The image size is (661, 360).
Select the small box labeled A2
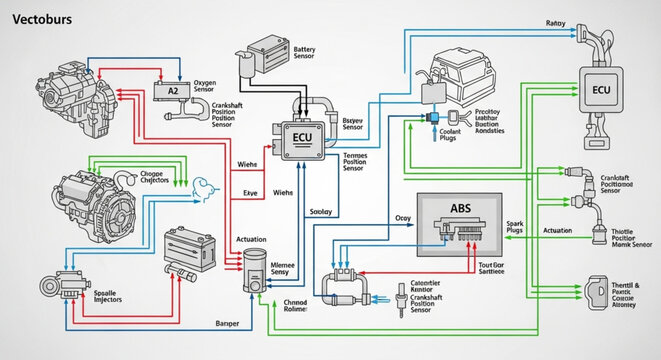[x=172, y=90]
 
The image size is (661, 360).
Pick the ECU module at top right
[x=600, y=89]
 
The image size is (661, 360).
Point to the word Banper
[x=228, y=323]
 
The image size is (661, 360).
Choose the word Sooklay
[x=321, y=211]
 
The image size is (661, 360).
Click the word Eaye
[x=251, y=193]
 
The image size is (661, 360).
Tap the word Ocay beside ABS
[x=403, y=217]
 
